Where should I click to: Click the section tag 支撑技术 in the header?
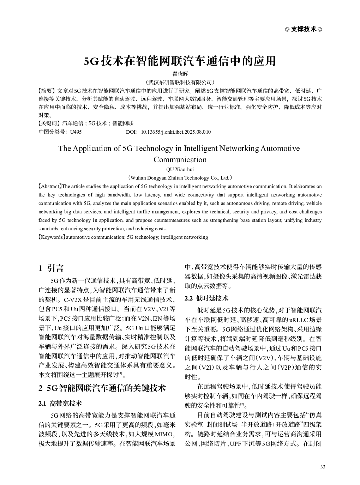pyautogui.click(x=304, y=29)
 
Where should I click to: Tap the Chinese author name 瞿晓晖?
pyautogui.click(x=180, y=74)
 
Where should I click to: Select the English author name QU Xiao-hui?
pyautogui.click(x=180, y=169)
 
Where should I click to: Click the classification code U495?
pyautogui.click(x=76, y=132)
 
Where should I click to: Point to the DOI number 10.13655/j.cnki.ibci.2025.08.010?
pyautogui.click(x=175, y=132)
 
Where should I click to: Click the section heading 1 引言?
pyautogui.click(x=51, y=268)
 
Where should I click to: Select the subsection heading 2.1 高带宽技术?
pyautogui.click(x=60, y=403)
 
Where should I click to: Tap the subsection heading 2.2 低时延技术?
pyautogui.click(x=207, y=298)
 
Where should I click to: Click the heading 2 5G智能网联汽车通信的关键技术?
pyautogui.click(x=102, y=388)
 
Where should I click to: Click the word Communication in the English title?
pyautogui.click(x=180, y=159)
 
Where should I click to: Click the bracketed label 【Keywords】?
pyautogui.click(x=52, y=237)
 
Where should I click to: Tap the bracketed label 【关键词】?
pyautogui.click(x=49, y=123)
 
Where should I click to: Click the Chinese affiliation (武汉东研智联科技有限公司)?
pyautogui.click(x=180, y=82)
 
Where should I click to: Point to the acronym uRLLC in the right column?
pyautogui.click(x=298, y=320)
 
